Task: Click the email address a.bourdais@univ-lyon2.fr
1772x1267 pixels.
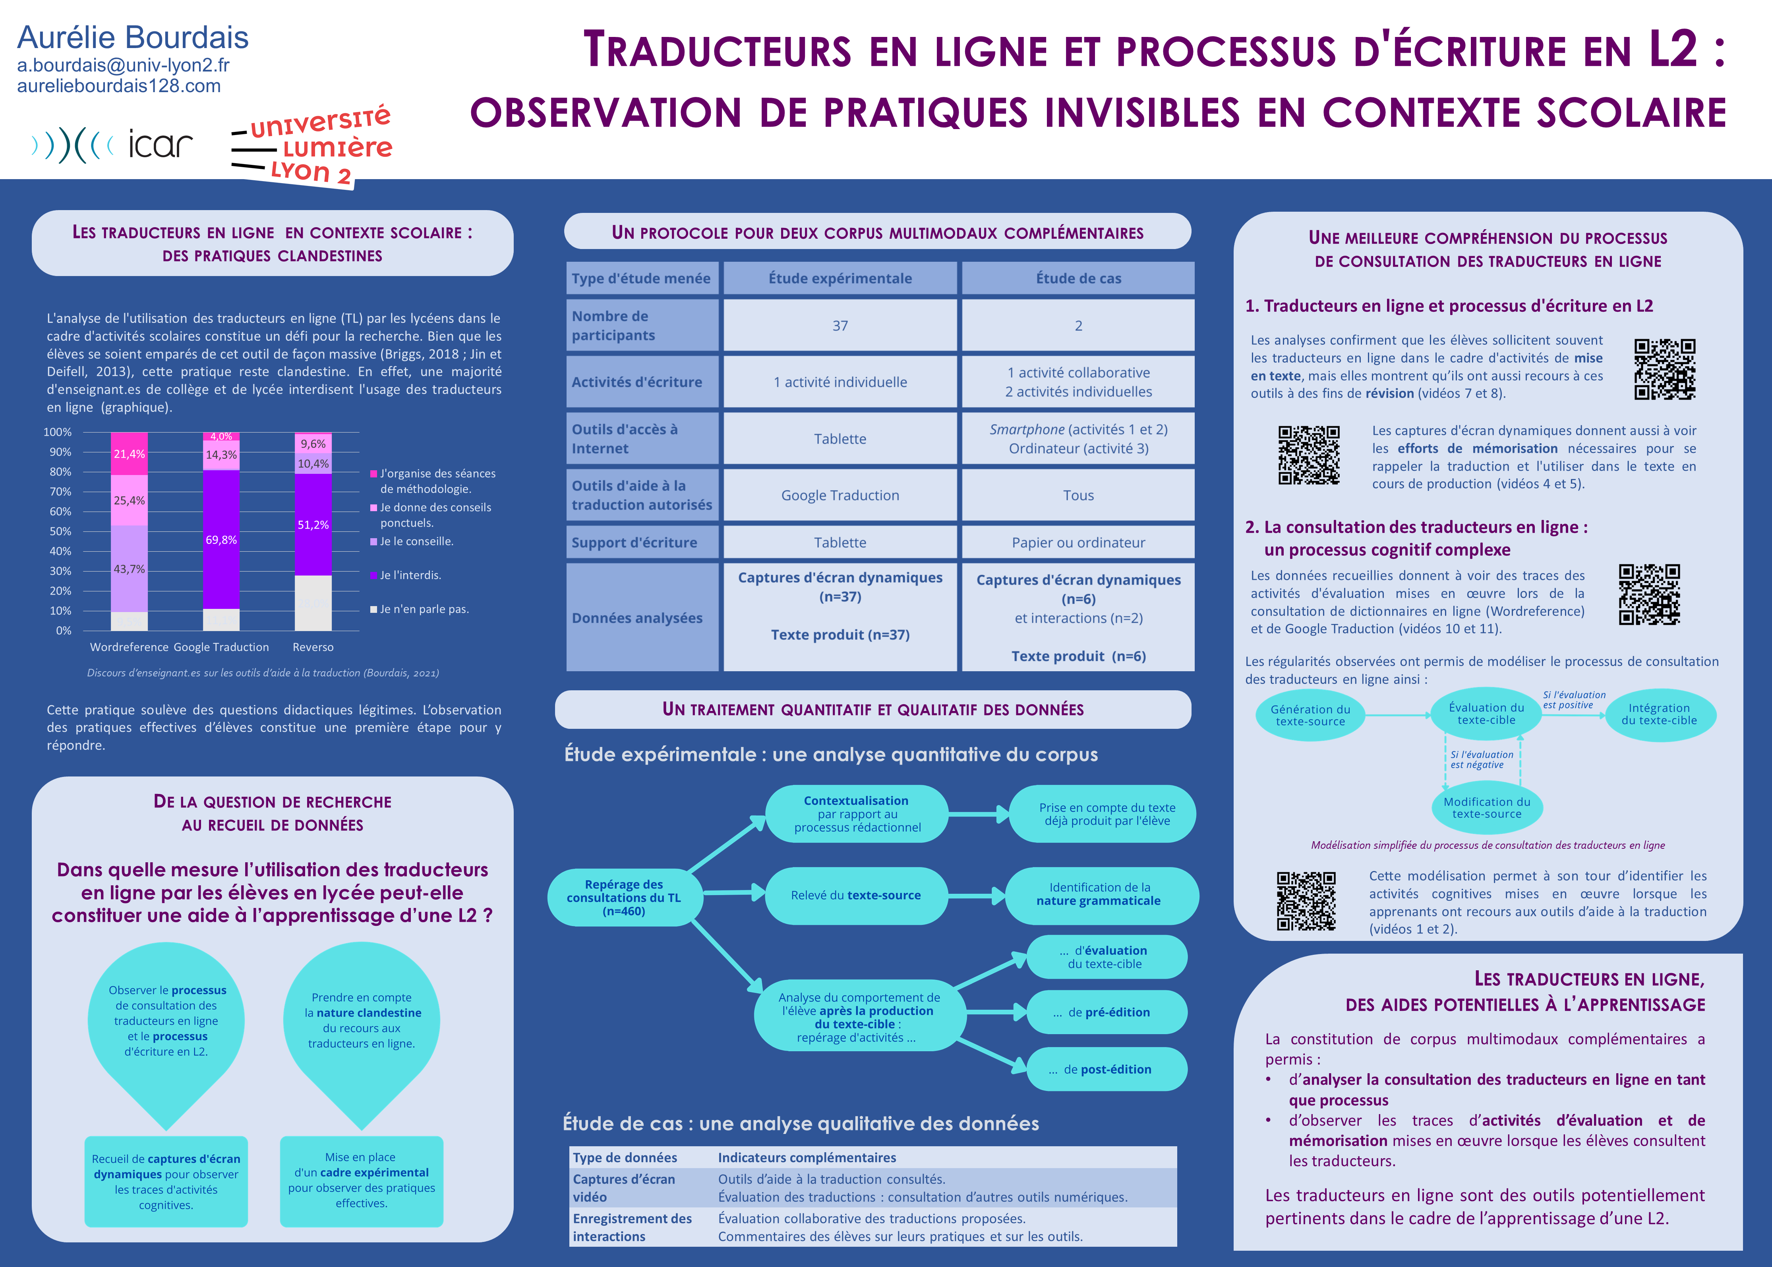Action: point(123,66)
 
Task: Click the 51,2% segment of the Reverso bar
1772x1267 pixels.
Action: point(313,524)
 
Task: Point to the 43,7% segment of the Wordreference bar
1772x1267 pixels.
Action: point(129,569)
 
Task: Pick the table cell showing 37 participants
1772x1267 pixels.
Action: point(840,325)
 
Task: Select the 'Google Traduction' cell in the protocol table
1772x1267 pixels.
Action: point(840,495)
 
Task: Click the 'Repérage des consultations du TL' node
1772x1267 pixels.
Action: point(624,897)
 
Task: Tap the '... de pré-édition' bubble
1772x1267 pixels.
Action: point(1107,1012)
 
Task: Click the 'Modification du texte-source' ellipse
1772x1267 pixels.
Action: point(1486,807)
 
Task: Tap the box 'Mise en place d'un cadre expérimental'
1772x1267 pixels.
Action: point(361,1180)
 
